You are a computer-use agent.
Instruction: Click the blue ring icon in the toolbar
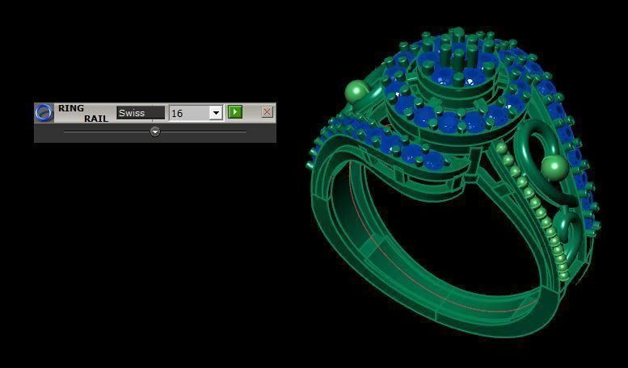pyautogui.click(x=44, y=112)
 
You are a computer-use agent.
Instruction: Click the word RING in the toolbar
pyautogui.click(x=71, y=108)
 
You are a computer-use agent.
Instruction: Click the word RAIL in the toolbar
pyautogui.click(x=95, y=119)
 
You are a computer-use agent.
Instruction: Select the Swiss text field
pyautogui.click(x=140, y=113)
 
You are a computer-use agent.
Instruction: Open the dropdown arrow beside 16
pyautogui.click(x=216, y=113)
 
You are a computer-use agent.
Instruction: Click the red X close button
pyautogui.click(x=267, y=112)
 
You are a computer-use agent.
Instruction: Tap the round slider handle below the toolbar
pyautogui.click(x=155, y=132)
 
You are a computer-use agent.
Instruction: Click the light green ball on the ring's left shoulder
pyautogui.click(x=356, y=91)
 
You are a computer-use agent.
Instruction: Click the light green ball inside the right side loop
pyautogui.click(x=553, y=168)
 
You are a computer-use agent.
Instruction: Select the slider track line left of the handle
pyautogui.click(x=105, y=132)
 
